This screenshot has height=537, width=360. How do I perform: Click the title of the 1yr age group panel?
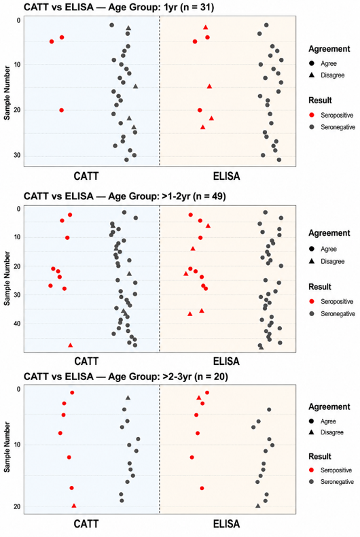[x=119, y=7]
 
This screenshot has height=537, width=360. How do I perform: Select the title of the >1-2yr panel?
[x=124, y=196]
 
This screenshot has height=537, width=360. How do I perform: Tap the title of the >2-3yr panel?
[x=126, y=377]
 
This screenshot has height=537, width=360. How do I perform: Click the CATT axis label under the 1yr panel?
[x=86, y=176]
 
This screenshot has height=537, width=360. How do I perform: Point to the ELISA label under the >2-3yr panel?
[x=227, y=523]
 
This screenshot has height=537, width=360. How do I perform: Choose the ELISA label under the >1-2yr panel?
[x=227, y=361]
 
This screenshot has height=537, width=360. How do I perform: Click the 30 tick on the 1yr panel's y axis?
[x=17, y=156]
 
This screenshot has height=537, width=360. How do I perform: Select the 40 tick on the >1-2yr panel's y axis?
[x=17, y=324]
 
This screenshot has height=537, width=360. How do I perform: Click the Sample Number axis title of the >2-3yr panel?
[x=7, y=447]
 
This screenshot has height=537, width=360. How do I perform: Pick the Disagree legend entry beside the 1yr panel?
[x=327, y=75]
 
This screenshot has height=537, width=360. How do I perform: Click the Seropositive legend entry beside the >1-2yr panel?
[x=331, y=301]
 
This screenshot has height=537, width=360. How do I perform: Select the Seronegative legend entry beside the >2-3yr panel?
[x=332, y=482]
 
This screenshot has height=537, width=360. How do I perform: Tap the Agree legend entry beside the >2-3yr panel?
[x=323, y=421]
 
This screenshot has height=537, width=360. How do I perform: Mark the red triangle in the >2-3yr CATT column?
[x=74, y=506]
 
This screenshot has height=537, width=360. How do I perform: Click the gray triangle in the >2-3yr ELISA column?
[x=258, y=506]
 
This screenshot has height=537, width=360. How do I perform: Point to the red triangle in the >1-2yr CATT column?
[x=71, y=345]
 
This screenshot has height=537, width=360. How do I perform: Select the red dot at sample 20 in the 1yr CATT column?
[x=62, y=110]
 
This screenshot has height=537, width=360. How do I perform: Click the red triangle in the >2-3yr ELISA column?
[x=199, y=398]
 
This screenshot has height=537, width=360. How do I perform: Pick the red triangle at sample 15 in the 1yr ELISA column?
[x=210, y=86]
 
